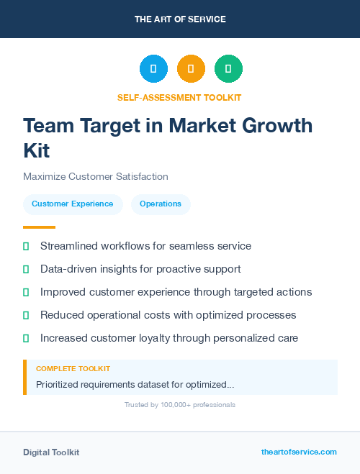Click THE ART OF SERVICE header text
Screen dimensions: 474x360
point(180,19)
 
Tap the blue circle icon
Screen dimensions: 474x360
point(153,69)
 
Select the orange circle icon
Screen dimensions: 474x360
point(191,69)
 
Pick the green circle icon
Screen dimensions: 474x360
point(228,69)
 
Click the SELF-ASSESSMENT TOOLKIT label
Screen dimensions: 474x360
point(179,97)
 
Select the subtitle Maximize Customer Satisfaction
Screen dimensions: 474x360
point(96,176)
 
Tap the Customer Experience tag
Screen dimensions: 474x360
point(73,204)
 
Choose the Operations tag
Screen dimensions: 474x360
point(161,204)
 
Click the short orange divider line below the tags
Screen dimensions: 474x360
point(39,227)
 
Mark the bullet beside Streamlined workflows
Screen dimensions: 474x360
point(26,246)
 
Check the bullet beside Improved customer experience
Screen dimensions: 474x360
point(26,292)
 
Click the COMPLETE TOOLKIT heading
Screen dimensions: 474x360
point(73,368)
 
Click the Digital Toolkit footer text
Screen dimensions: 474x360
point(51,452)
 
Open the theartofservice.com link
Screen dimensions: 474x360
point(299,452)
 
